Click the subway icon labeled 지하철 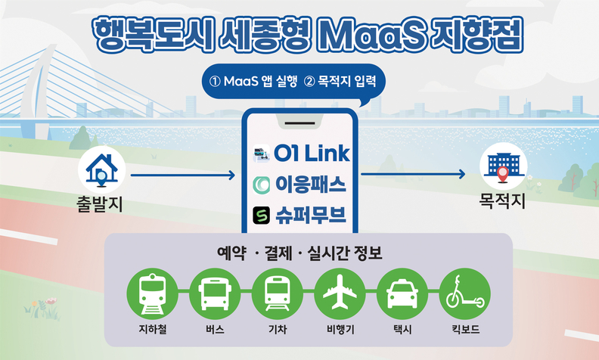tap(153, 293)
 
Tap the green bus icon tap(215, 293)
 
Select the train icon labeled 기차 tap(278, 293)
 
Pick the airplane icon tap(340, 293)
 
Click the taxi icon tap(402, 293)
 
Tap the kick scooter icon tap(465, 293)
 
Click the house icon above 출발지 tap(101, 170)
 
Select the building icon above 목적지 tap(504, 166)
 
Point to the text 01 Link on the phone tap(312, 154)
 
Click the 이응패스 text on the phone tap(311, 185)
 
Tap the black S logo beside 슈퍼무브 tap(261, 215)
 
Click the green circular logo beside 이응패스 tap(261, 185)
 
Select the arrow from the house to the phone tap(183, 175)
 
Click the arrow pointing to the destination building tap(414, 174)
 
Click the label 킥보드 tap(466, 329)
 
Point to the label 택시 tap(402, 329)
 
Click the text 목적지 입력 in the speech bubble tap(342, 82)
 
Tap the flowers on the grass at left tap(42, 308)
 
